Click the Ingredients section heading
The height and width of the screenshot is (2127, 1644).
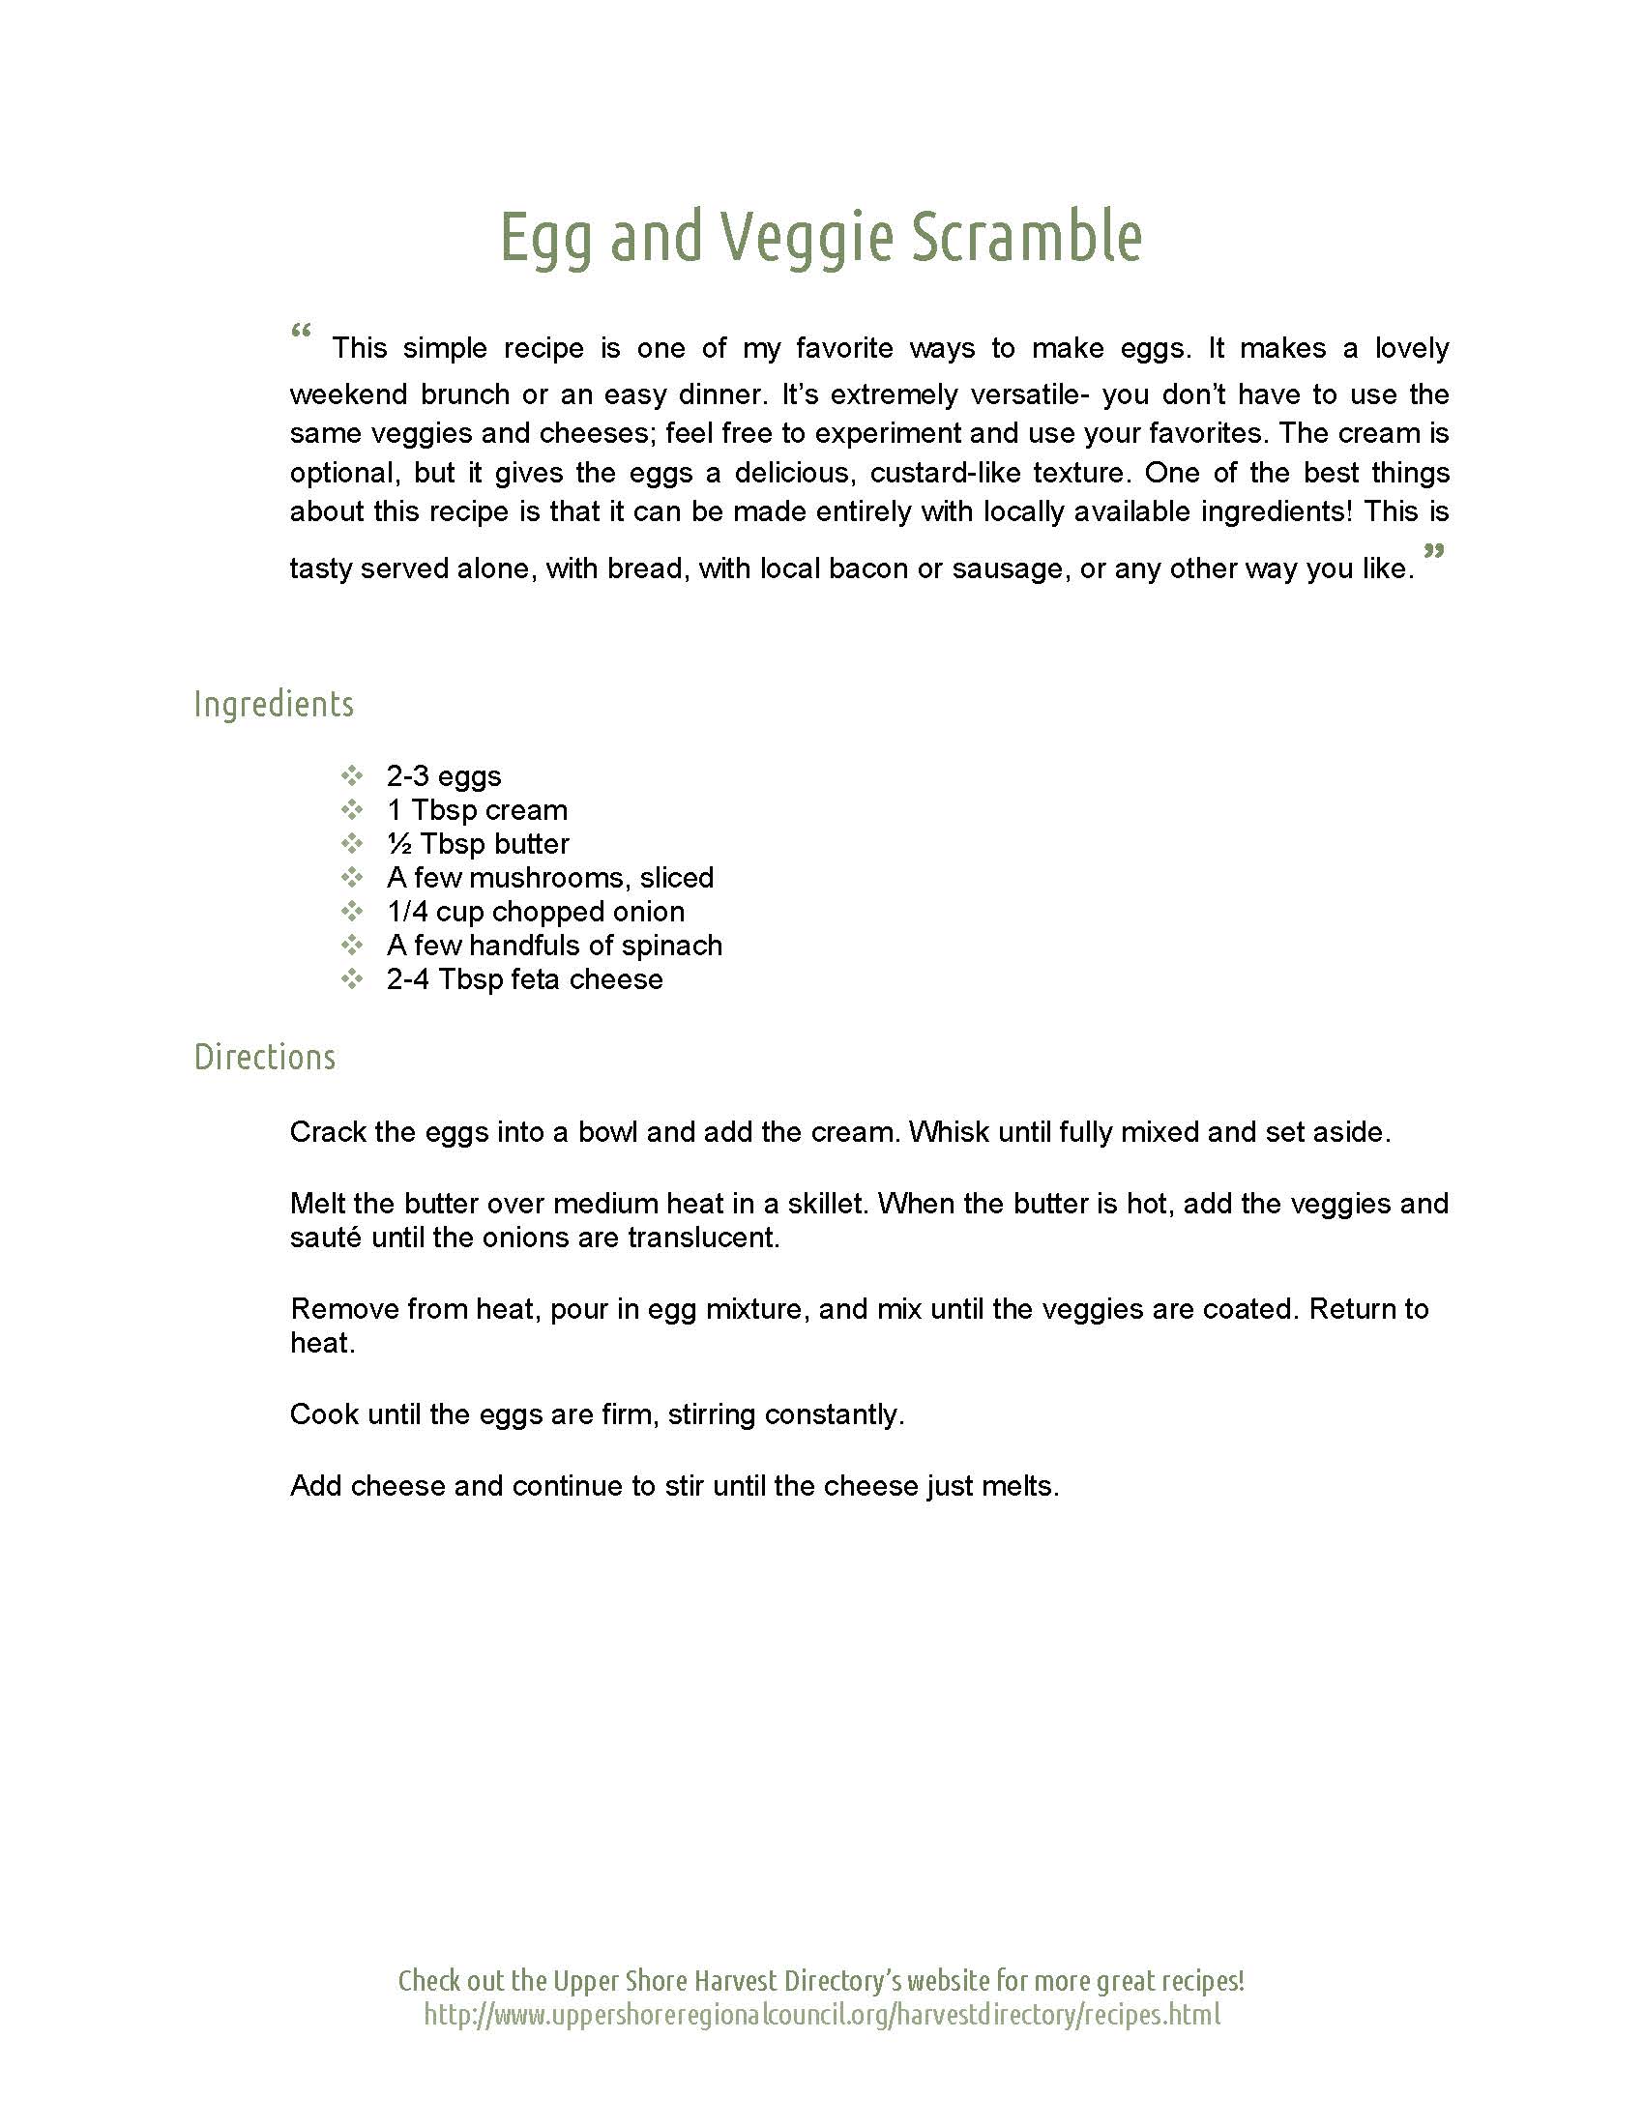pyautogui.click(x=274, y=704)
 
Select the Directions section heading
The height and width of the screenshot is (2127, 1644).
pyautogui.click(x=265, y=1057)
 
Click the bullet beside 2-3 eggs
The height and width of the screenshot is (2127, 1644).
pyautogui.click(x=352, y=776)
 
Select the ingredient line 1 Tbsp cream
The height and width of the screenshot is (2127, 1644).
pyautogui.click(x=476, y=810)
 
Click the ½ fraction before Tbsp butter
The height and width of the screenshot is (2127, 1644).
pyautogui.click(x=398, y=844)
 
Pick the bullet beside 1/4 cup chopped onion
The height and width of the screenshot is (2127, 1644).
pyautogui.click(x=352, y=912)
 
